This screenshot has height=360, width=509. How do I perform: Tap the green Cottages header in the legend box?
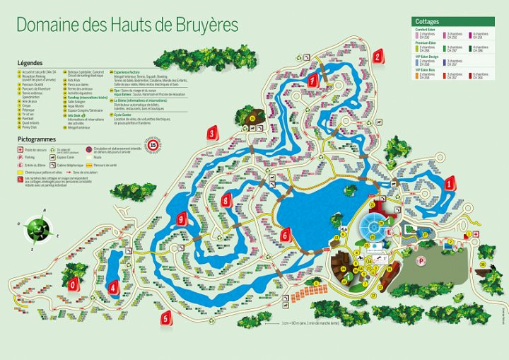pyautogui.click(x=428, y=22)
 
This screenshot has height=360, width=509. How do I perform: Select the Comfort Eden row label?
pyautogui.click(x=426, y=29)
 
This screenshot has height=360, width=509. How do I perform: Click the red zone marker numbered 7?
pyautogui.click(x=312, y=81)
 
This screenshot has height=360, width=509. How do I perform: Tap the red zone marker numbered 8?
pyautogui.click(x=226, y=201)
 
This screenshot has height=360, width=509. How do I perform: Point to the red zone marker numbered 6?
pyautogui.click(x=285, y=234)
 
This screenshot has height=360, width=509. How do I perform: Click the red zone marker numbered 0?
pyautogui.click(x=71, y=283)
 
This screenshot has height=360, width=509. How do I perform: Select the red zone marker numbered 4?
pyautogui.click(x=113, y=287)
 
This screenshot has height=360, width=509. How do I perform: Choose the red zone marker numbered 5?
pyautogui.click(x=166, y=318)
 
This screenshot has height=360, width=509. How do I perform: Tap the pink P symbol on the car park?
pyautogui.click(x=422, y=260)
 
